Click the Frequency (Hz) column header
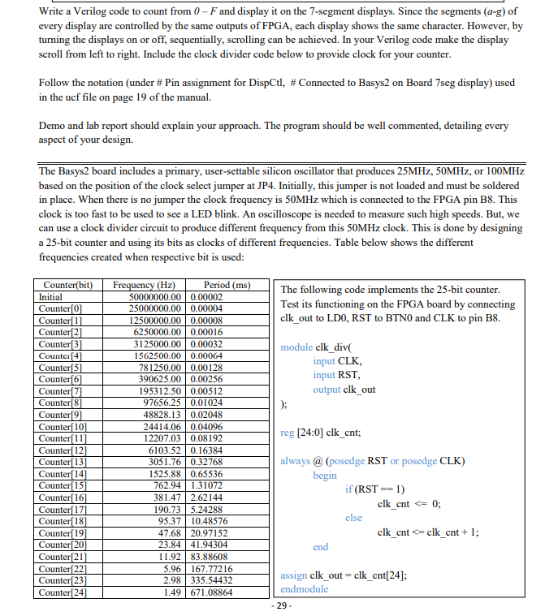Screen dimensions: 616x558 144,286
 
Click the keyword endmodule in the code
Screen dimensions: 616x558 304,589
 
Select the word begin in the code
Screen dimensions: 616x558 324,476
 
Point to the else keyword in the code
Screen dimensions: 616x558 353,518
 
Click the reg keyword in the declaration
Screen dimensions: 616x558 288,433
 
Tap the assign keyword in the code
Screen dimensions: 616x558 293,575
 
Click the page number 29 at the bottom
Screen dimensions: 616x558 279,606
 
